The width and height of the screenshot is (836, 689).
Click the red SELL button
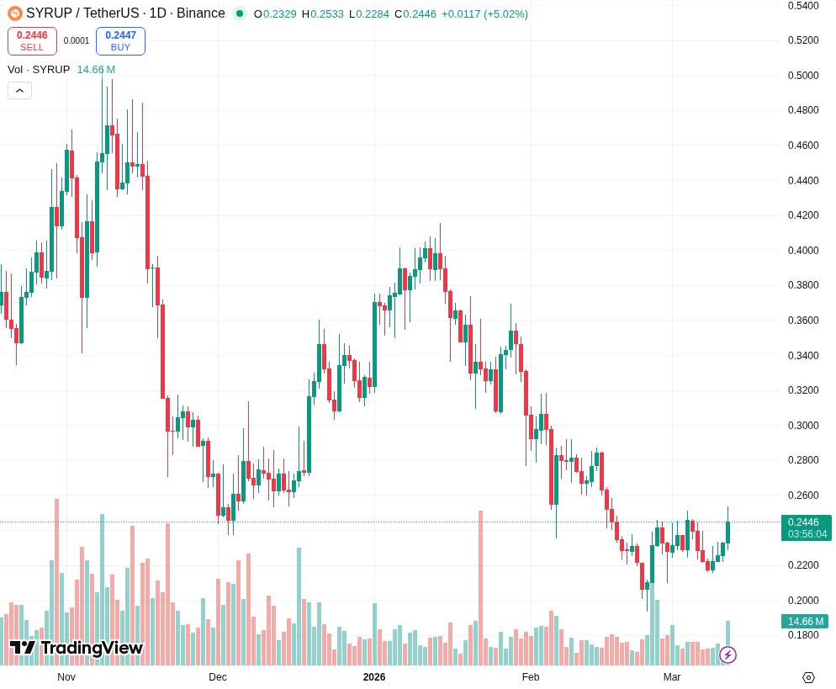coord(32,41)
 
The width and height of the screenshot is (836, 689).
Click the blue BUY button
coord(120,41)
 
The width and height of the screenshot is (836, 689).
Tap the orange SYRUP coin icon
coord(14,13)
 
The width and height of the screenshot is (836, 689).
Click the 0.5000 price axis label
coord(802,76)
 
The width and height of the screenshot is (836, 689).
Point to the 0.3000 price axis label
coord(802,426)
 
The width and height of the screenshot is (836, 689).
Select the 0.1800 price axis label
coord(802,635)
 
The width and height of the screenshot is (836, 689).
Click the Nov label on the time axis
coord(66,677)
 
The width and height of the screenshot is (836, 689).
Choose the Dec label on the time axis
coord(218,677)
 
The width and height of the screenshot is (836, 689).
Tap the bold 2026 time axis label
coord(374,677)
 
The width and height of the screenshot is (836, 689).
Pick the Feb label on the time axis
coord(531,677)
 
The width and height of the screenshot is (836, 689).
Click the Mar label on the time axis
coord(672,677)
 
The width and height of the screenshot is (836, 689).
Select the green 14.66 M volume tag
coord(805,622)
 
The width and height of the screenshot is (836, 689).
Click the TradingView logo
coord(77,648)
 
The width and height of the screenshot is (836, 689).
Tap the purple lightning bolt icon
coord(728,655)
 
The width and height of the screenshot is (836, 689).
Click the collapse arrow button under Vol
coord(19,91)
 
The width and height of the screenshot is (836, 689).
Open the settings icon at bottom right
coord(808,677)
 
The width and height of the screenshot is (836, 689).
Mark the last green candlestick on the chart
coord(728,532)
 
